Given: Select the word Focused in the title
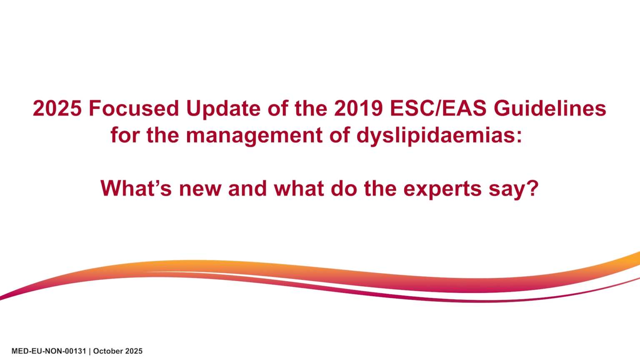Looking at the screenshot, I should [134, 108].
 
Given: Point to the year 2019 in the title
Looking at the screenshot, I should [358, 108].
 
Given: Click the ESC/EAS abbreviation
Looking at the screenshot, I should [438, 108].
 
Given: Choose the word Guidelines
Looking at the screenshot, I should [550, 108].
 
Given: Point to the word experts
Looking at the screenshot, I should [442, 189].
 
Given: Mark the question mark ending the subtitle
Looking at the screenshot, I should [532, 188].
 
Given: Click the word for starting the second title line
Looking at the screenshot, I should [125, 136].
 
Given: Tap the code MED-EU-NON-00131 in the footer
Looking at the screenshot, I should [48, 351].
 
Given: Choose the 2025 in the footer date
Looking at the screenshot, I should [134, 351].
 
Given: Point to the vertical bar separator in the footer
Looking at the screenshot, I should [90, 351].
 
